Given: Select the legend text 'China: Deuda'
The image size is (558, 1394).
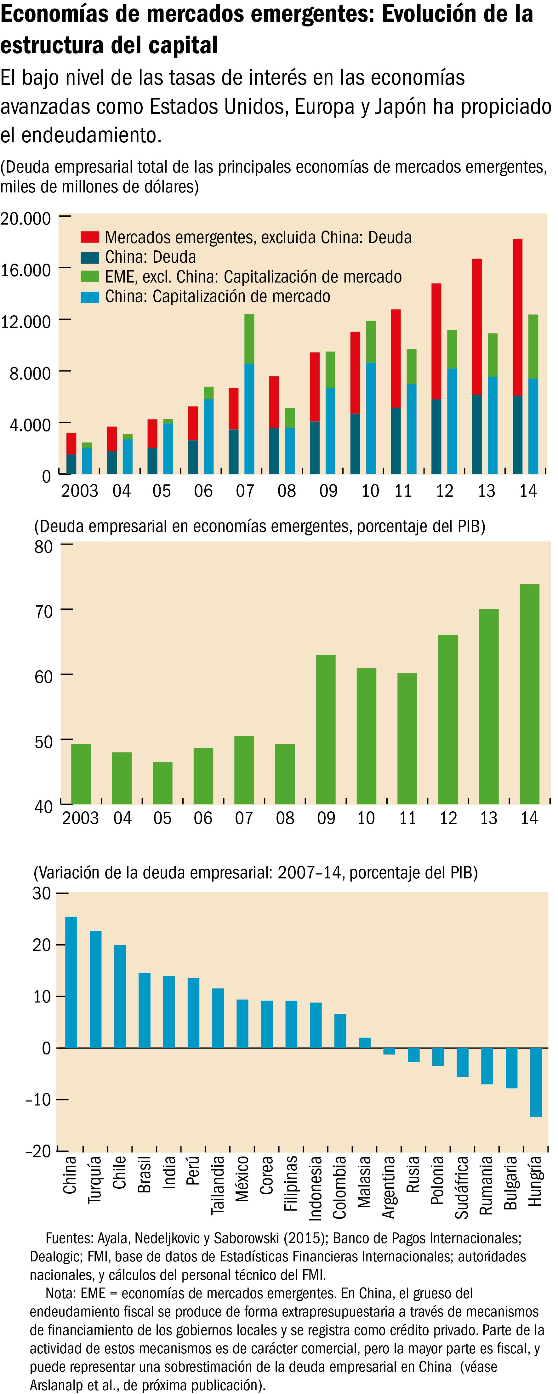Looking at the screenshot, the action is [151, 257].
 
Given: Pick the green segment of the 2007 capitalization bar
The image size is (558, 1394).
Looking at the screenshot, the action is [249, 339].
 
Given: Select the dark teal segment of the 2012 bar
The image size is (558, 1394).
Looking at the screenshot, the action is [436, 437].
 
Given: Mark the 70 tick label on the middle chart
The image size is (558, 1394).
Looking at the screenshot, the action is [43, 611].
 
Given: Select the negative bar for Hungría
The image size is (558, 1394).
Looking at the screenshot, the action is [536, 1082].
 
